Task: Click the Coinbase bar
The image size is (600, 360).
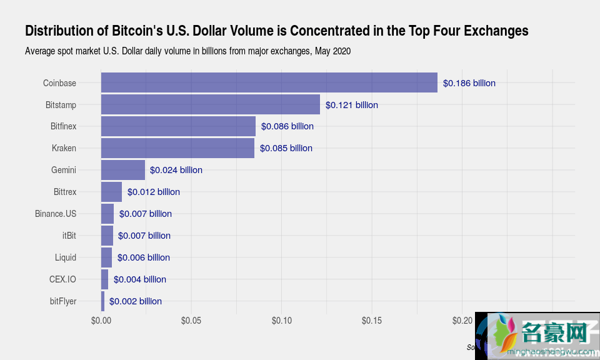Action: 269,82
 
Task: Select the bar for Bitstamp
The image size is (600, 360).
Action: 210,104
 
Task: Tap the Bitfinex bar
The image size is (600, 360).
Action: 178,126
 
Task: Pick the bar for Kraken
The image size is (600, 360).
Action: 177,148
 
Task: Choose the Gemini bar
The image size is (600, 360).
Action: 123,170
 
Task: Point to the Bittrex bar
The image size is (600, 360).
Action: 111,192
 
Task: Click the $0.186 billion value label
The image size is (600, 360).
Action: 469,83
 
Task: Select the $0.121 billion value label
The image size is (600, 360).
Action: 351,105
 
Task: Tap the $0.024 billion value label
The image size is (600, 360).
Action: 176,170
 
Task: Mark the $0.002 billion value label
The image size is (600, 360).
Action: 135,301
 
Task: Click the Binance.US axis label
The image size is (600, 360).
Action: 56,214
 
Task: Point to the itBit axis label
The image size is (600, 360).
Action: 69,236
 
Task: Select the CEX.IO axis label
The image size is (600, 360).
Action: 62,279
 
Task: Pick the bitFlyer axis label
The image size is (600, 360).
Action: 62,301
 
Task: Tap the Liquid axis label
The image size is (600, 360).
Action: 65,257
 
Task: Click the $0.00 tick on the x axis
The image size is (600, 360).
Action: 101,321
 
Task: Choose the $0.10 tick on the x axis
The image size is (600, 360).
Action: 281,321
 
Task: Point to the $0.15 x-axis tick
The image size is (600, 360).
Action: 372,321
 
